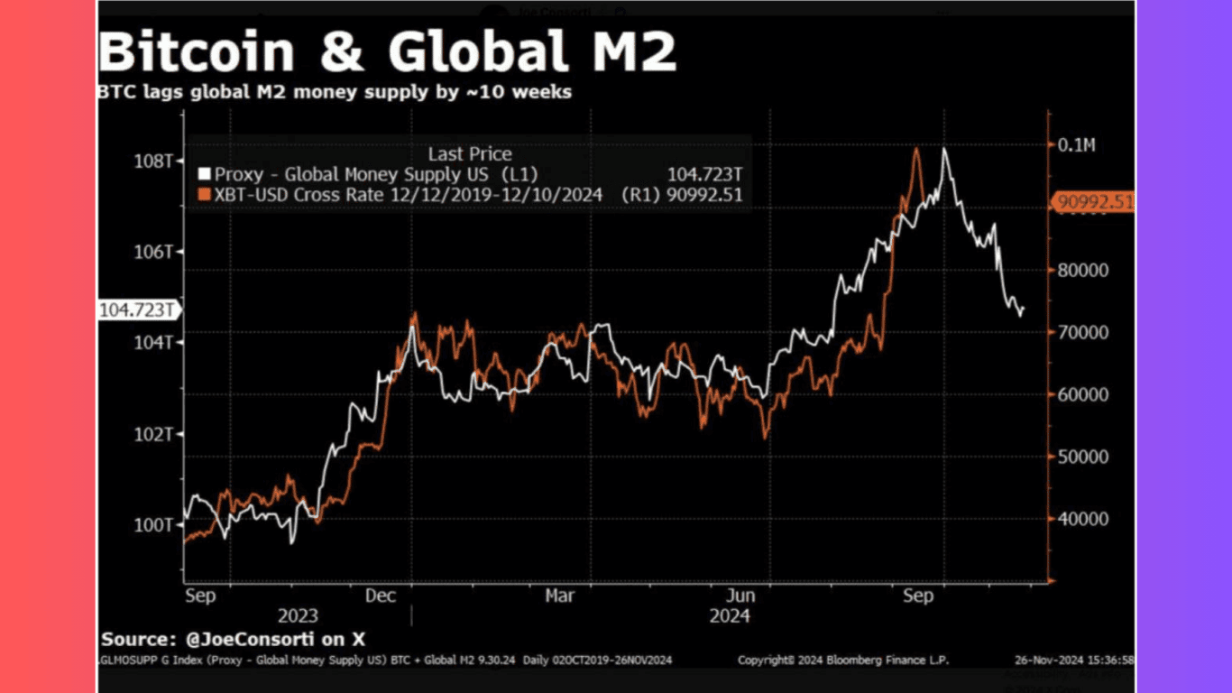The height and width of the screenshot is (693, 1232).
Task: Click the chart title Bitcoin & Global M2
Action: click(387, 51)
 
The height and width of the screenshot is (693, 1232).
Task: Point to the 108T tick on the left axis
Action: click(154, 161)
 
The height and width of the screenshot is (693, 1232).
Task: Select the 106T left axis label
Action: click(154, 252)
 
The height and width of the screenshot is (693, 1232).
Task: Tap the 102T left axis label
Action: click(154, 434)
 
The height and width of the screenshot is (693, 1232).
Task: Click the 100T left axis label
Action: click(154, 525)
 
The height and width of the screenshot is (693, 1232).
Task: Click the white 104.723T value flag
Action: click(137, 310)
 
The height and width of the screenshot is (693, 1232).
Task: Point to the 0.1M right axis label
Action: click(1077, 145)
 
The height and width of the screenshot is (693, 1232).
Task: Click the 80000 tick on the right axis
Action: click(1082, 270)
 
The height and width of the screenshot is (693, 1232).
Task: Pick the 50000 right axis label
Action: click(1082, 457)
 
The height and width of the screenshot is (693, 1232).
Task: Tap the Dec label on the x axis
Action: click(382, 596)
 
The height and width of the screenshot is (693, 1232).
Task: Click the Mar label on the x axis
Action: click(560, 596)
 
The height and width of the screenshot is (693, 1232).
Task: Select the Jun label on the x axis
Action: click(740, 596)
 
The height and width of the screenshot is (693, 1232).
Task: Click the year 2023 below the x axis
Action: click(298, 616)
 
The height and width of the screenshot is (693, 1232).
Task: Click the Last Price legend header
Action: click(469, 154)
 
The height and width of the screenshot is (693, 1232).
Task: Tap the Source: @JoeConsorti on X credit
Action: click(233, 639)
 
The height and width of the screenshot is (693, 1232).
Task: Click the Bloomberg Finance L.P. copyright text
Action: click(842, 661)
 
